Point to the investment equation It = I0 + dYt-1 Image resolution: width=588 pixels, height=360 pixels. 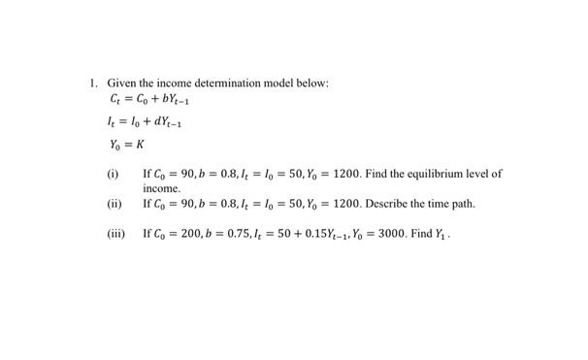(x=143, y=123)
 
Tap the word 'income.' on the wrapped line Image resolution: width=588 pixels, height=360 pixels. (x=162, y=187)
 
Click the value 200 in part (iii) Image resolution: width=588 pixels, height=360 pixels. (x=192, y=234)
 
